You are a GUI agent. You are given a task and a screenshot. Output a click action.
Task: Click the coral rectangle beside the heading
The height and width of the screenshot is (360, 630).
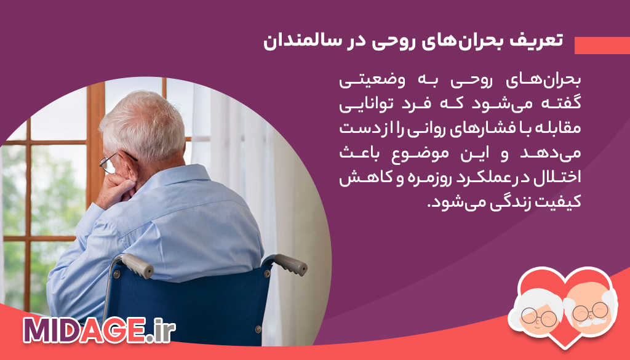602,45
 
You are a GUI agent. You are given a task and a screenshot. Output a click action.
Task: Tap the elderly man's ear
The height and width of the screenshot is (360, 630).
130,165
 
